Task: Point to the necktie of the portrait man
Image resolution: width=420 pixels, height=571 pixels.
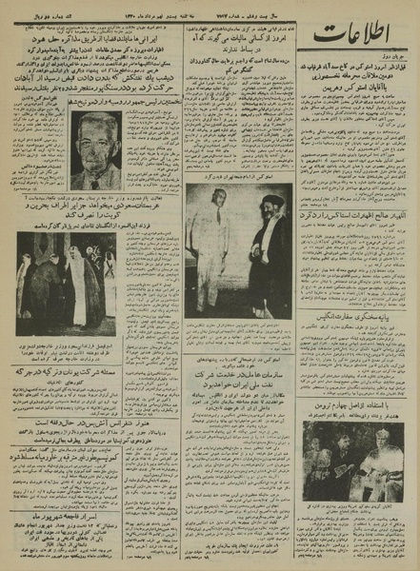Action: point(95,180)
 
